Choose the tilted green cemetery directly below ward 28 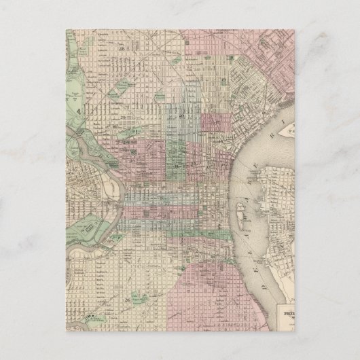pos(122,85)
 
